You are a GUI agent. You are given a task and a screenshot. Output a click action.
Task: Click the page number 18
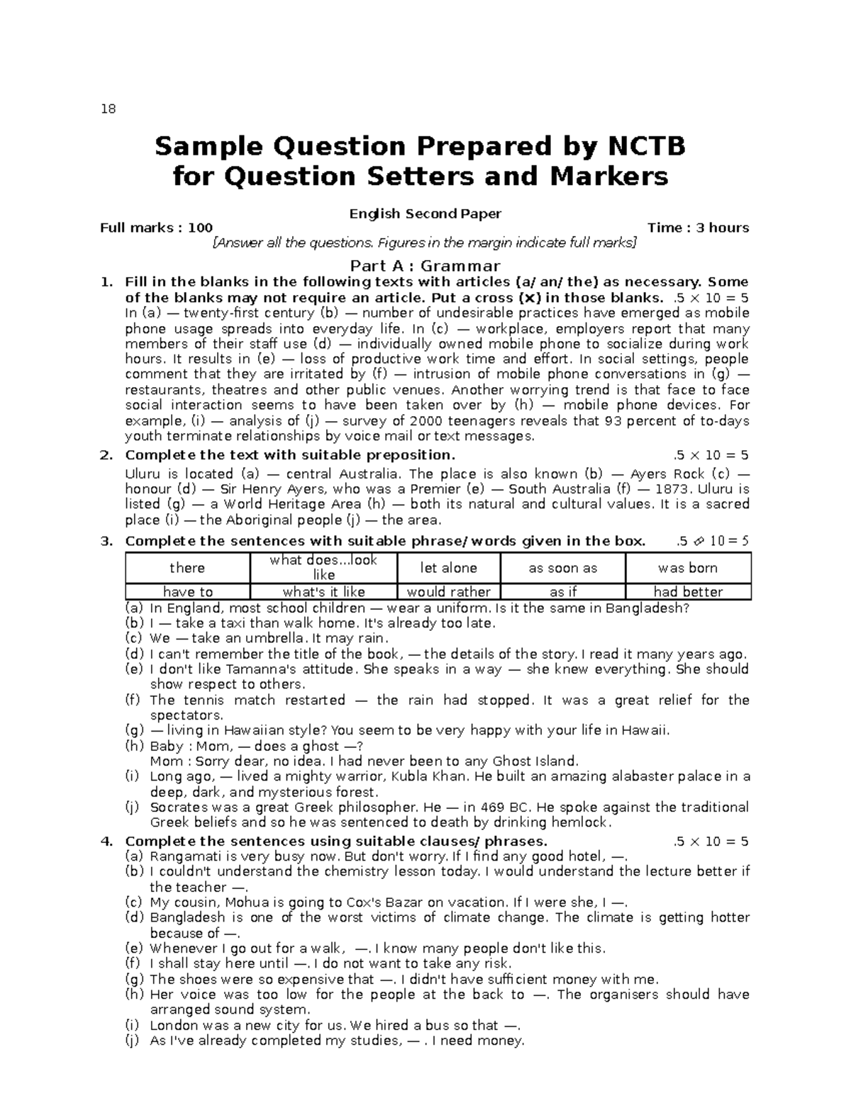coord(108,109)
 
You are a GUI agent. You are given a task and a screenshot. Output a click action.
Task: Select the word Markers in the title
coord(611,177)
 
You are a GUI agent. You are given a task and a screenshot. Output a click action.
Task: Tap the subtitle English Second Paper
coord(425,213)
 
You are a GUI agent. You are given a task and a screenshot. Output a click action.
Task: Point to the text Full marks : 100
coord(156,228)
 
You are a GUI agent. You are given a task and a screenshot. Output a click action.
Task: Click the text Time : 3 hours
coord(698,228)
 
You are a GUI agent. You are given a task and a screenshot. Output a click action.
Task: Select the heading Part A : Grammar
coord(425,267)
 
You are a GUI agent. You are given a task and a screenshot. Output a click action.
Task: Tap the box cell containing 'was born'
coord(687,568)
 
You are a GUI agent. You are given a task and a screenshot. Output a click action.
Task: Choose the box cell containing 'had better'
coord(687,592)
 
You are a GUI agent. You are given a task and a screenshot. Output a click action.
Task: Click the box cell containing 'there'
coord(187,568)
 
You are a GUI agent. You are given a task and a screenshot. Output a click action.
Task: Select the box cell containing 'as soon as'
coord(562,568)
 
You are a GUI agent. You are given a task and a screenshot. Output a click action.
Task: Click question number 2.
coord(106,455)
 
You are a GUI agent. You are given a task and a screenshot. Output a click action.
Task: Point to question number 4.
coord(106,842)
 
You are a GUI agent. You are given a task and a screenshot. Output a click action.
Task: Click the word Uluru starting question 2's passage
coord(143,474)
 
